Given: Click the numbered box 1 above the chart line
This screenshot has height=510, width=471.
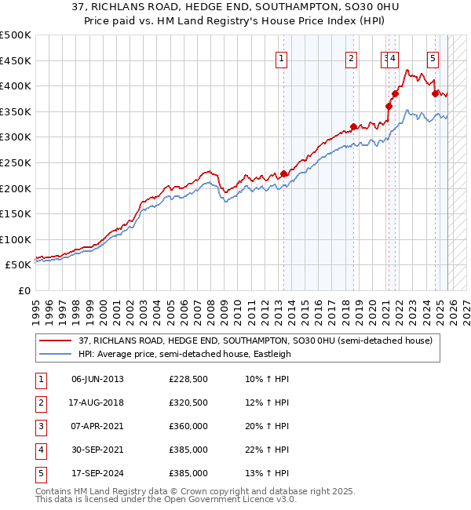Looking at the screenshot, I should click(x=281, y=57).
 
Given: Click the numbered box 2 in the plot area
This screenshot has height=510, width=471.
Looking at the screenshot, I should click(x=351, y=57).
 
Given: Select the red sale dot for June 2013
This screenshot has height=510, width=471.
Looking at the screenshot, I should click(x=283, y=174).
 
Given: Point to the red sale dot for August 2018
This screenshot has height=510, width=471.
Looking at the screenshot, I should click(x=353, y=127).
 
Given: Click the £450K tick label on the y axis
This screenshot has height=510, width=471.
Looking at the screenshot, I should click(x=16, y=60).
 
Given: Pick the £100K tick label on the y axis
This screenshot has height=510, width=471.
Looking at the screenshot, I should click(x=16, y=239).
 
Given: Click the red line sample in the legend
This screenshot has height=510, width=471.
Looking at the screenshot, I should click(x=56, y=341).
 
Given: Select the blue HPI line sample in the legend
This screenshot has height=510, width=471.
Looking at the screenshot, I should click(x=56, y=354).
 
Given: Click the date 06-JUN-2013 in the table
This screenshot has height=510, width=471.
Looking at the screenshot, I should click(x=97, y=379).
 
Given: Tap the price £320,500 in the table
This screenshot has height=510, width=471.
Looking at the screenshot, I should click(x=188, y=403).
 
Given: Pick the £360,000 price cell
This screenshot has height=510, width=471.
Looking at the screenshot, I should click(x=188, y=426).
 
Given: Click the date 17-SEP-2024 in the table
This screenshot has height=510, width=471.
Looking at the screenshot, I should click(x=97, y=473).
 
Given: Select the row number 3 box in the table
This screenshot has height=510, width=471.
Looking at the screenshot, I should click(x=39, y=426).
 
